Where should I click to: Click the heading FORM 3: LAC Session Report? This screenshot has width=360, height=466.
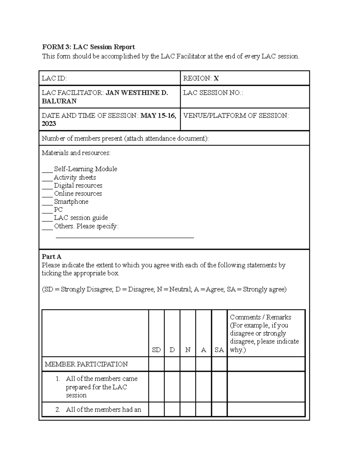tap(88, 47)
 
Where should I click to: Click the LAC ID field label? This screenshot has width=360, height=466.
tap(54, 78)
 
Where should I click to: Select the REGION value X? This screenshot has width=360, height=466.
tap(216, 78)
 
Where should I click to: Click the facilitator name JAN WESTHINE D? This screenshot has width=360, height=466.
tap(137, 93)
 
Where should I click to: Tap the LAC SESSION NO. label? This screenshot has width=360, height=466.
tap(213, 93)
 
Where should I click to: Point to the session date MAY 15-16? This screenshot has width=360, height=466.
tap(158, 116)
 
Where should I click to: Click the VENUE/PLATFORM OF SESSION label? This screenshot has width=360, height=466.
tap(236, 116)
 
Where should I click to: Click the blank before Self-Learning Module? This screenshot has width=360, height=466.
tap(47, 170)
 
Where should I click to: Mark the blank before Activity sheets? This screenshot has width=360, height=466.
tap(47, 178)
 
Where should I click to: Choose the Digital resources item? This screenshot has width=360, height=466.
tap(78, 185)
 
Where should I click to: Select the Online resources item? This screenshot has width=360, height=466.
tap(78, 194)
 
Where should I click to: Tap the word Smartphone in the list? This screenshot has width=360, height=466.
tap(71, 202)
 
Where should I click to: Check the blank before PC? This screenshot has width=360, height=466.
tap(47, 211)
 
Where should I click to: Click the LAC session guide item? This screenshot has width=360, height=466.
tap(81, 218)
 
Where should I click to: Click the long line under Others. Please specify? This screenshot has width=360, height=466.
tap(125, 237)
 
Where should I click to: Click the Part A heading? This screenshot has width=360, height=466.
tap(51, 257)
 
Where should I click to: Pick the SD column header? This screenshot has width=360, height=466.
tap(156, 350)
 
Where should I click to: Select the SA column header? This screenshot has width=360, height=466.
tap(219, 350)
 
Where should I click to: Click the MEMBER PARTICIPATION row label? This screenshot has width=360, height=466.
tap(86, 364)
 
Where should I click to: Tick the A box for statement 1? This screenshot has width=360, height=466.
tap(204, 387)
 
